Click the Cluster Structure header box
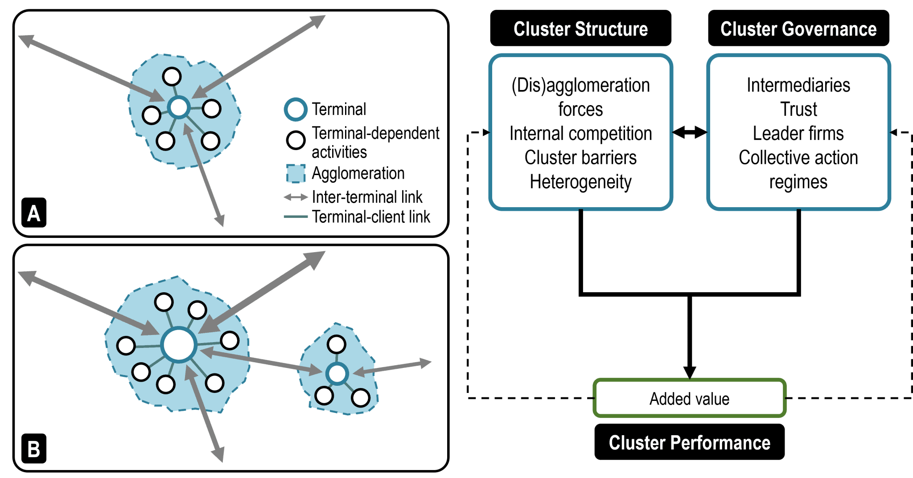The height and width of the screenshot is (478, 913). click(x=580, y=29)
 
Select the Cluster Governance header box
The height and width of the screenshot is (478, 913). click(x=798, y=29)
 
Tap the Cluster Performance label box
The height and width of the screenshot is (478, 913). click(x=689, y=442)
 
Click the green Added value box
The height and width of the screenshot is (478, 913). click(x=689, y=398)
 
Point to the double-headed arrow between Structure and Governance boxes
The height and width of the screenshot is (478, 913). click(x=689, y=132)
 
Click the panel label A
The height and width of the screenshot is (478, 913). click(x=34, y=213)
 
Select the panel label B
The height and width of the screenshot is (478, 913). click(x=34, y=449)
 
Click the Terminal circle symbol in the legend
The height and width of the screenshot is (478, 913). click(x=296, y=109)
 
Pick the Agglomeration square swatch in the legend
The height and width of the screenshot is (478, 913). click(x=296, y=173)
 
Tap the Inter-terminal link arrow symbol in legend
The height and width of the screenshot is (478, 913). click(x=296, y=197)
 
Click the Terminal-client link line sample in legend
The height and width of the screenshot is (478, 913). click(x=296, y=217)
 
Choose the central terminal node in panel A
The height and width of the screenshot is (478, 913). click(x=179, y=107)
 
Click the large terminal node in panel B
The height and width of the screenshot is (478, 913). click(x=179, y=345)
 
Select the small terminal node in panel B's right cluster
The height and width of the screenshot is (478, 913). click(x=337, y=373)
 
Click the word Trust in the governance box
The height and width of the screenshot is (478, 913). click(x=798, y=109)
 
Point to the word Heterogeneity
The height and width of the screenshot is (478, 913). click(x=580, y=182)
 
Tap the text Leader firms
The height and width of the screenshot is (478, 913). click(x=798, y=133)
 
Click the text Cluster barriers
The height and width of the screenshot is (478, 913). click(x=580, y=157)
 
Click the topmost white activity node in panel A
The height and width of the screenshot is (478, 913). click(x=172, y=77)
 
